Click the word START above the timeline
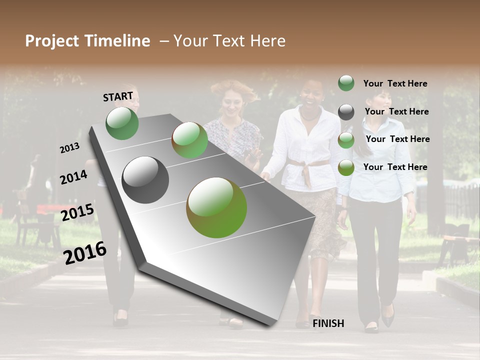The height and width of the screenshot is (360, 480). coord(118,96)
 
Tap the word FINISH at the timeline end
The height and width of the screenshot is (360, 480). coord(328,323)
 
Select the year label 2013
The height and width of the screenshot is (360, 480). coord(69,148)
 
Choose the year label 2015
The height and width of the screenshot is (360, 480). coord(77,212)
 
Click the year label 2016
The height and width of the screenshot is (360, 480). coord(85,252)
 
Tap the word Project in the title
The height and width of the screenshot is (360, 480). coord(51,41)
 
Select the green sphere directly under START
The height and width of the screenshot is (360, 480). coord(122,123)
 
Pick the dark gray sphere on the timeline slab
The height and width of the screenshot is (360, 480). coord(145,180)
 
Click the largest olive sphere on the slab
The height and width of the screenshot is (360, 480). coord(216,207)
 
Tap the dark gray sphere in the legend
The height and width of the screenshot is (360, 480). coord(346,112)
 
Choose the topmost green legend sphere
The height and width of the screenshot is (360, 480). coord(346,83)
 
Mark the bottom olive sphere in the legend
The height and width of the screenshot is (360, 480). coord(346,167)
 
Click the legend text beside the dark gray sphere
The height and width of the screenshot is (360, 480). coord(396,111)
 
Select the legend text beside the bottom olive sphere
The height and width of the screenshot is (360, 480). coord(395,167)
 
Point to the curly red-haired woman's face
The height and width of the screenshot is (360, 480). coord(234,105)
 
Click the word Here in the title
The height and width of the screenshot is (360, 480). coord(267,41)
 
